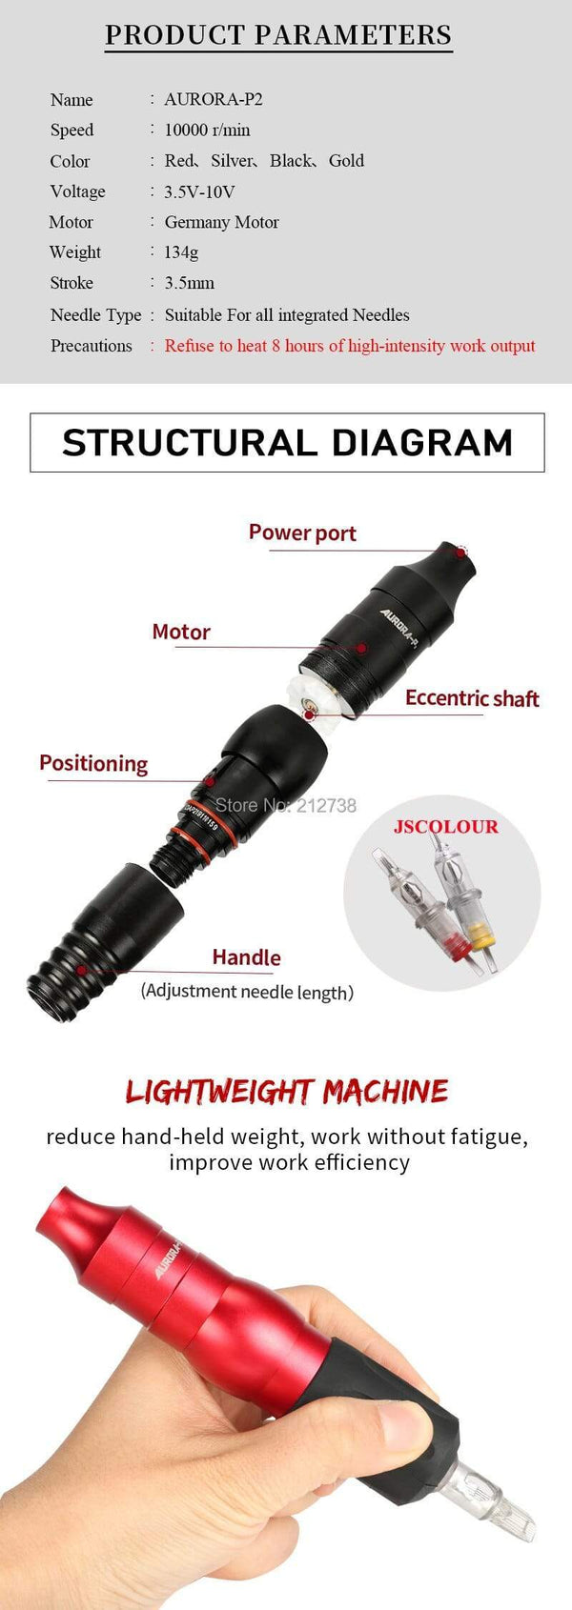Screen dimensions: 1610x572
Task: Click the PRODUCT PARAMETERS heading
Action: pyautogui.click(x=278, y=35)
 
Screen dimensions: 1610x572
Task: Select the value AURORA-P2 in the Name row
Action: pyautogui.click(x=214, y=99)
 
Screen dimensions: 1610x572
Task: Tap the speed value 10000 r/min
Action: pyautogui.click(x=208, y=130)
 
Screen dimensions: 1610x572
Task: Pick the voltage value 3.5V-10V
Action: pyautogui.click(x=199, y=191)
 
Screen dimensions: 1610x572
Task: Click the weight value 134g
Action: pyautogui.click(x=181, y=252)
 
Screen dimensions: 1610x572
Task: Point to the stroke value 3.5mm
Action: pyautogui.click(x=190, y=283)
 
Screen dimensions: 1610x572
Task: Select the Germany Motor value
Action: pyautogui.click(x=222, y=222)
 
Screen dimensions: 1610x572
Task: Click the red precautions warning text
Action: pyautogui.click(x=350, y=346)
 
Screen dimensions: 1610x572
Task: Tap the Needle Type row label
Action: pyautogui.click(x=95, y=315)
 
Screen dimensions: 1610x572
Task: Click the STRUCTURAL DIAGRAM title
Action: pyautogui.click(x=287, y=443)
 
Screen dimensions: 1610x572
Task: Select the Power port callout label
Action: pyautogui.click(x=302, y=533)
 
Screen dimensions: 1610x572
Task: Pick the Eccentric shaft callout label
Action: pyautogui.click(x=472, y=698)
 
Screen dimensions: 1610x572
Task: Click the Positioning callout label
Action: pyautogui.click(x=93, y=763)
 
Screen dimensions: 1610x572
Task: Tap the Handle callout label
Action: pyautogui.click(x=246, y=957)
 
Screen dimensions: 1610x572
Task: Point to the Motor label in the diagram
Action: pyautogui.click(x=181, y=632)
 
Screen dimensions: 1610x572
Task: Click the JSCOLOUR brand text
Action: pyautogui.click(x=446, y=826)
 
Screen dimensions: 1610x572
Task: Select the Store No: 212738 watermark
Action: pyautogui.click(x=286, y=805)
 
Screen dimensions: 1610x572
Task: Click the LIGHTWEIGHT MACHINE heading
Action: pyautogui.click(x=287, y=1092)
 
